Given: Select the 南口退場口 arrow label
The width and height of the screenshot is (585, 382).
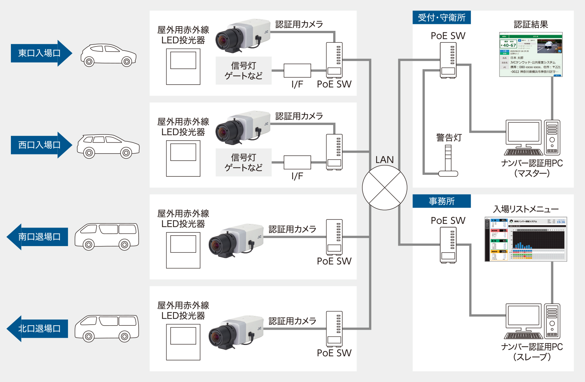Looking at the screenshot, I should pos(39,237).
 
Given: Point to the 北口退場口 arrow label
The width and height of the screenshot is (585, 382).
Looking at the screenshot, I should pos(39,329).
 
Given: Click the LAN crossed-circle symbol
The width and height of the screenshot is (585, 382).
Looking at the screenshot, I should pos(385,188).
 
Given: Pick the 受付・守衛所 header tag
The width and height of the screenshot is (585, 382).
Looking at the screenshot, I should pos(441,17).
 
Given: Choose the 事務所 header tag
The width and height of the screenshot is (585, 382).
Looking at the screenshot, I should pos(441,201).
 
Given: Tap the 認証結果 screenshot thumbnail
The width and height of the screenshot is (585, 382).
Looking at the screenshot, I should pos(531,55).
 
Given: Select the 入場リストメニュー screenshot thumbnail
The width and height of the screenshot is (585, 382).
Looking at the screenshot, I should pos(526,239).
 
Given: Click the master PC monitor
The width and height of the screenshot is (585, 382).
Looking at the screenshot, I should pos(524,133).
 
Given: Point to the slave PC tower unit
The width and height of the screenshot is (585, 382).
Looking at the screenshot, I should pos(552,321).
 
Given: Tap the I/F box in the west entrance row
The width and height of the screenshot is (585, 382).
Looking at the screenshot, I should pos(297,162).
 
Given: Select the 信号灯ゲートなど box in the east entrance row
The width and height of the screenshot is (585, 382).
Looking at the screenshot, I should pos(243,71).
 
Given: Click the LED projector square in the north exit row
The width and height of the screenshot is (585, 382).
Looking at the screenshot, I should pos(183,342).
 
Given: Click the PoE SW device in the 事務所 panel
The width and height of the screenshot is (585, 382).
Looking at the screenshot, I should pos(448,245).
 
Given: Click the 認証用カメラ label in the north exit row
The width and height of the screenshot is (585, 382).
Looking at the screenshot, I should pos(292,321).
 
